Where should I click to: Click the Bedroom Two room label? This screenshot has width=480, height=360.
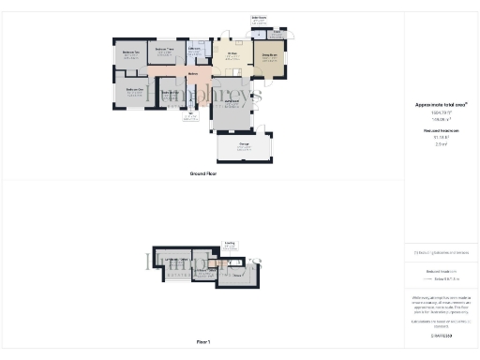click(131, 52)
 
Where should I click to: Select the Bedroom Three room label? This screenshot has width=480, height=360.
click(165, 48)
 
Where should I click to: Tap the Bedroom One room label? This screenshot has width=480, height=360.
click(134, 90)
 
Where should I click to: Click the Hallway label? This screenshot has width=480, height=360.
click(192, 73)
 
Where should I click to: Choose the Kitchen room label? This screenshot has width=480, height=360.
click(232, 53)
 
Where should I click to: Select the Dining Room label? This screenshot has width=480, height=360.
click(267, 56)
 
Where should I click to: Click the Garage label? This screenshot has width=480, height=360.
click(244, 143)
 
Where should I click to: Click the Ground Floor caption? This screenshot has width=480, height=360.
click(202, 173)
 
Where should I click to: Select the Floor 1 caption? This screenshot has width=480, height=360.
click(202, 341)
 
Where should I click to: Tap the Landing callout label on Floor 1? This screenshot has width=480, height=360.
click(229, 242)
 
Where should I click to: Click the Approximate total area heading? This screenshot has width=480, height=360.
click(440, 106)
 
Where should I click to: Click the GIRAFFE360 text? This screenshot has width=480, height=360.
click(440, 334)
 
